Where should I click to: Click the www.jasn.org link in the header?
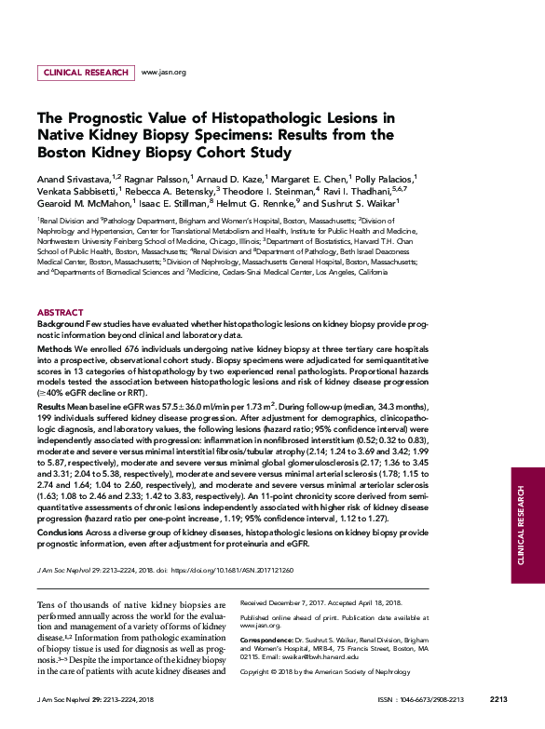pos(163,72)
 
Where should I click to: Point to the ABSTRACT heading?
pos(60,312)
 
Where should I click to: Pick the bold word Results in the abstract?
pos(52,408)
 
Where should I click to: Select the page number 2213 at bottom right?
pos(497,698)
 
